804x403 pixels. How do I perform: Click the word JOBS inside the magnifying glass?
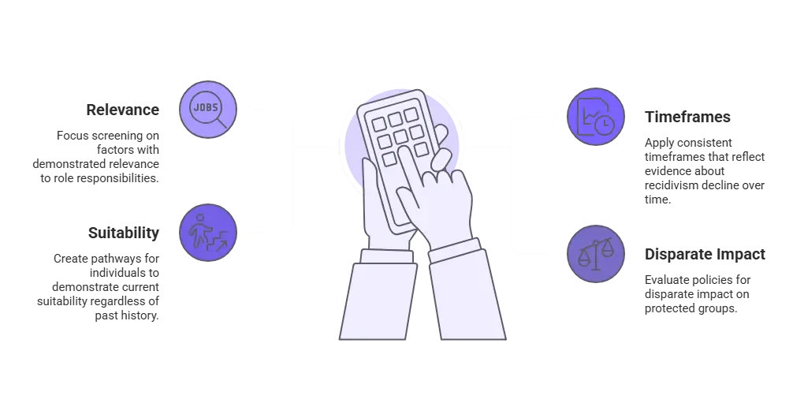(x=206, y=106)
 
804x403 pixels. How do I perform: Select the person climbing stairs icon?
(x=208, y=232)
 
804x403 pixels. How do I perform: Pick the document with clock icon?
(x=596, y=117)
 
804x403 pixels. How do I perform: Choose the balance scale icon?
(x=596, y=254)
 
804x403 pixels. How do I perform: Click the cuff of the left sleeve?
(x=385, y=257)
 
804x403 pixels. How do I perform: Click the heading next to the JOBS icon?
(x=122, y=110)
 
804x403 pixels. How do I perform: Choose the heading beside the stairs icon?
(x=126, y=233)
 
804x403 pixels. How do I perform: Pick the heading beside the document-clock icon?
(x=687, y=118)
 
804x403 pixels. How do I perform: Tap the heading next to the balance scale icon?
(x=705, y=256)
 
